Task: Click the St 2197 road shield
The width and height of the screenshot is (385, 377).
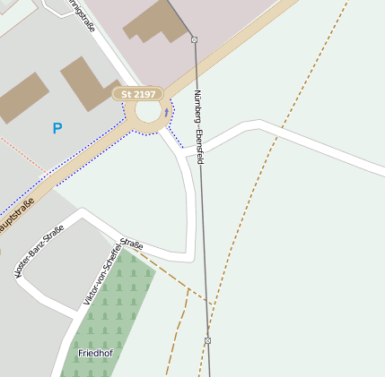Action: click(x=138, y=93)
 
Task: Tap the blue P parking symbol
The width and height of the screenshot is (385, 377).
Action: click(x=57, y=129)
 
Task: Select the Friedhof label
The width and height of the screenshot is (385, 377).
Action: click(x=94, y=353)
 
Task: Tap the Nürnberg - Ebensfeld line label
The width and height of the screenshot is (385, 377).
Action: click(x=198, y=125)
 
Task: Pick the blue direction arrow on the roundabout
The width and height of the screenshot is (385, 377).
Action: click(x=166, y=113)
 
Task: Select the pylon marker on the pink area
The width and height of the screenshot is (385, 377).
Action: click(x=194, y=39)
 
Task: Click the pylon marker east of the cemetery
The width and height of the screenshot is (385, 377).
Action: click(x=207, y=340)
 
